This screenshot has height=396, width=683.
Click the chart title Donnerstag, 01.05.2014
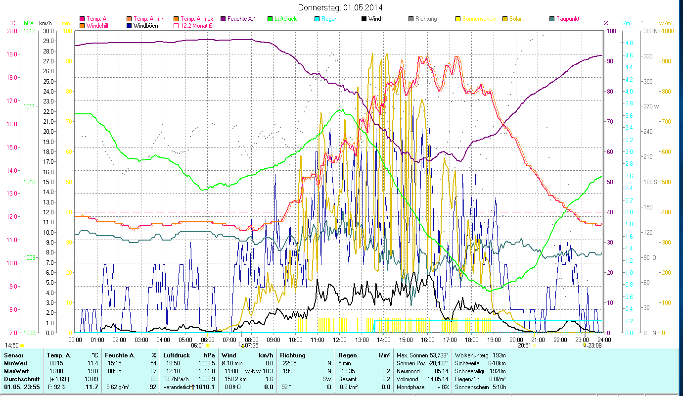coord(341,7)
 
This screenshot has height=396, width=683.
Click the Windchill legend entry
coord(99,25)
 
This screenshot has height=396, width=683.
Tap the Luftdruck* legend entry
coord(286,19)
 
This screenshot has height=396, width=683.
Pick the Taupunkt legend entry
coord(567,19)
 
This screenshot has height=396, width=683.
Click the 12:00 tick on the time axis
coord(339,340)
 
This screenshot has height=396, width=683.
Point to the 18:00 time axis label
coord(472,340)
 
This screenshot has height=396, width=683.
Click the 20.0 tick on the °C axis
coord(13,31)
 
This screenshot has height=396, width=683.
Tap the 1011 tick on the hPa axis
coord(29,106)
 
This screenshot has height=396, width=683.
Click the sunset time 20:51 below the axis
coord(524,346)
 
